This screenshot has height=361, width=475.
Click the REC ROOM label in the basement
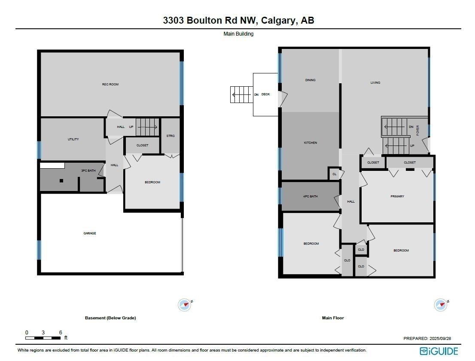click(x=110, y=85)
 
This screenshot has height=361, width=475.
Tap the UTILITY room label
click(x=73, y=140)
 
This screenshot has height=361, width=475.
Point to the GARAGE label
click(x=90, y=234)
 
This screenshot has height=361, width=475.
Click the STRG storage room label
click(x=171, y=136)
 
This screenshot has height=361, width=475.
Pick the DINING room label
click(x=310, y=80)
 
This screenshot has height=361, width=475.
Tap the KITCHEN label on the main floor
click(x=310, y=143)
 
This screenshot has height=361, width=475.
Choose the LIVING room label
click(x=375, y=83)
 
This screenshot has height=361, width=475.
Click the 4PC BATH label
click(x=310, y=197)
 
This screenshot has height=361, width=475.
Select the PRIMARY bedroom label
click(x=397, y=197)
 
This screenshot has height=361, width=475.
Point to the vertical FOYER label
click(x=417, y=130)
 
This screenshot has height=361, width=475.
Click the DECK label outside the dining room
click(x=265, y=94)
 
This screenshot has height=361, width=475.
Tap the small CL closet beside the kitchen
click(x=335, y=174)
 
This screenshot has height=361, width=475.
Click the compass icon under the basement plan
click(x=185, y=305)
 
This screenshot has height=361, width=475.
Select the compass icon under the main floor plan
click(x=441, y=305)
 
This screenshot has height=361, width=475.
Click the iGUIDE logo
click(x=439, y=351)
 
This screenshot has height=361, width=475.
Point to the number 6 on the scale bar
click(x=61, y=333)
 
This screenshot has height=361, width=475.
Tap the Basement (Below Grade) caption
click(x=110, y=318)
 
